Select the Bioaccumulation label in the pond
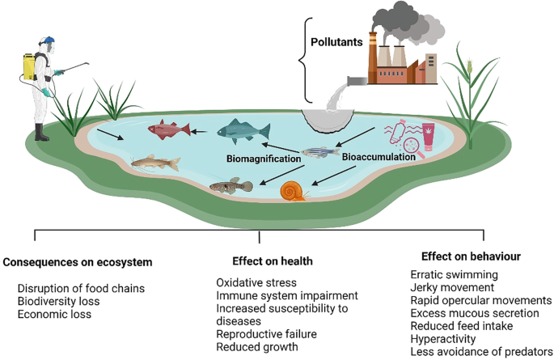click(x=378, y=157)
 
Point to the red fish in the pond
click(x=169, y=129)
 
